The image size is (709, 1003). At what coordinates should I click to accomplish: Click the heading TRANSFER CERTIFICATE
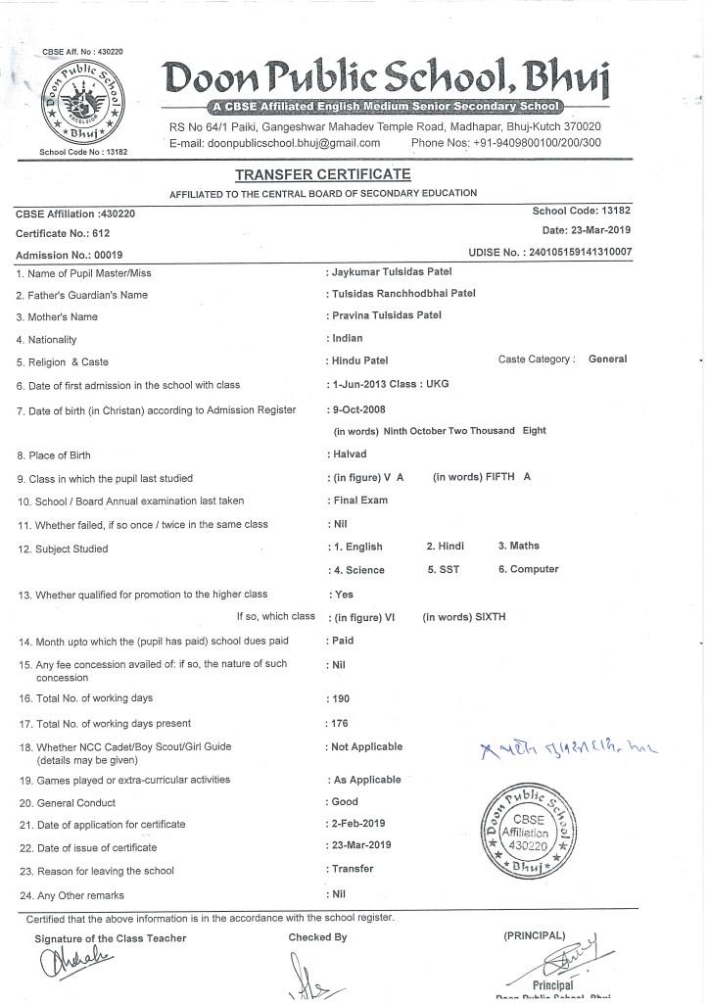pos(322,174)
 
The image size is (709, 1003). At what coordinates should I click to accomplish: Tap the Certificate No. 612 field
pos(64,233)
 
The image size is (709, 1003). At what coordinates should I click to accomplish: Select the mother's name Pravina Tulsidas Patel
pos(387,315)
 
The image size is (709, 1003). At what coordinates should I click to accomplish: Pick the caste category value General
pos(607,359)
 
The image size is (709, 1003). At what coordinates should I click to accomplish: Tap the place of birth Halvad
pos(350,454)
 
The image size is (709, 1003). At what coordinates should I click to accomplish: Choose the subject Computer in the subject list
pos(529,569)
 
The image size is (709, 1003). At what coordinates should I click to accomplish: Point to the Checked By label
pos(317,937)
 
